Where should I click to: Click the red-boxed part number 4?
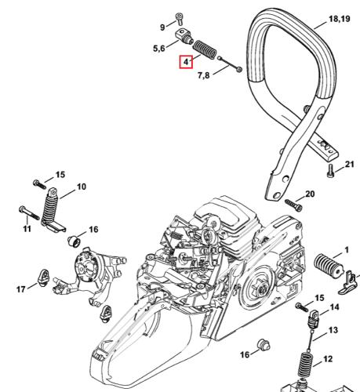tap(186, 62)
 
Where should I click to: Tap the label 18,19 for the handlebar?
tap(339, 19)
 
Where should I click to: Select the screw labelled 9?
tap(180, 19)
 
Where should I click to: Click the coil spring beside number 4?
tap(205, 49)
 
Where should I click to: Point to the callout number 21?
tap(350, 164)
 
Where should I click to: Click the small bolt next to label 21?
tap(331, 170)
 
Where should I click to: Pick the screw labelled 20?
tap(293, 205)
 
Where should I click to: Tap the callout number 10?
tap(82, 187)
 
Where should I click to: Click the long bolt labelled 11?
tap(29, 212)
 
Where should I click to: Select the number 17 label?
tap(21, 289)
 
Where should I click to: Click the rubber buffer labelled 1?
tap(329, 266)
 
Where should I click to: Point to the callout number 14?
tap(334, 307)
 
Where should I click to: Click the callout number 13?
tap(333, 330)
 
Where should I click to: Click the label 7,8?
tap(203, 75)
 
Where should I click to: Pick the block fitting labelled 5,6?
tap(184, 36)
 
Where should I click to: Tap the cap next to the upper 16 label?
tap(74, 241)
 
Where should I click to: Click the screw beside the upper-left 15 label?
tap(40, 184)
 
